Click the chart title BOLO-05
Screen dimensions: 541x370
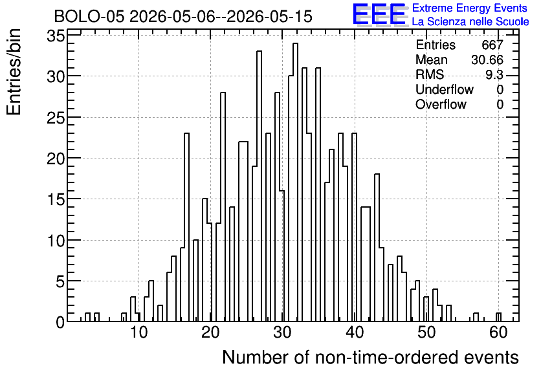[89, 16]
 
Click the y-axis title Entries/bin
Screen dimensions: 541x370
[14, 72]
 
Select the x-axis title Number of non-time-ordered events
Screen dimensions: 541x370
[370, 357]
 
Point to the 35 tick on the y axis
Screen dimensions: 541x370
[56, 36]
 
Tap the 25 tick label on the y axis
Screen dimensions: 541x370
[56, 118]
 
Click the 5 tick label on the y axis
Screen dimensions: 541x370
[60, 281]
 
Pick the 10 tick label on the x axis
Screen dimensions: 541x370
[138, 332]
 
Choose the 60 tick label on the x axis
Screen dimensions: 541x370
[498, 332]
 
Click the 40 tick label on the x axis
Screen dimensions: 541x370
[355, 332]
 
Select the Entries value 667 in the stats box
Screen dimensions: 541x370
[492, 45]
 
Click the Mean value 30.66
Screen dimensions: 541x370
[487, 60]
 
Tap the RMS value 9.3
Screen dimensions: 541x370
[494, 74]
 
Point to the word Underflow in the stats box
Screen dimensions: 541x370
[445, 89]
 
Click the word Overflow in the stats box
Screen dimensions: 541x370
[441, 104]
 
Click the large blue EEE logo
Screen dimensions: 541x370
[379, 14]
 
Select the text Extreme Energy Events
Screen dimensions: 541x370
[470, 8]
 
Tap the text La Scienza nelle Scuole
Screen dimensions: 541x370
[470, 21]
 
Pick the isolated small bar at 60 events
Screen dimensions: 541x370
[498, 317]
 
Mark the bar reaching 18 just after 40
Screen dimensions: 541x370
[377, 248]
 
